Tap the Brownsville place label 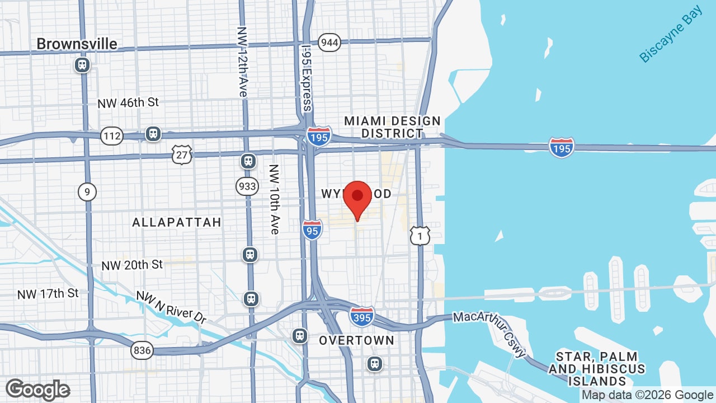click(77, 44)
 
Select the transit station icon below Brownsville click(82, 65)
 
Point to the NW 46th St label click(128, 103)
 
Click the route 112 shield click(112, 135)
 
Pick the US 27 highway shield click(182, 154)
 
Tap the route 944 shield click(329, 43)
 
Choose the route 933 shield click(247, 186)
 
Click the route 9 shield click(87, 193)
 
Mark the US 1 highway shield click(420, 236)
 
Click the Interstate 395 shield click(362, 316)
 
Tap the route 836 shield click(142, 351)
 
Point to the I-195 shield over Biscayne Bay click(561, 147)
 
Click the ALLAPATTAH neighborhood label click(177, 222)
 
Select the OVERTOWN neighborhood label click(356, 340)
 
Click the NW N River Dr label click(171, 307)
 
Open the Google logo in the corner click(37, 390)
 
